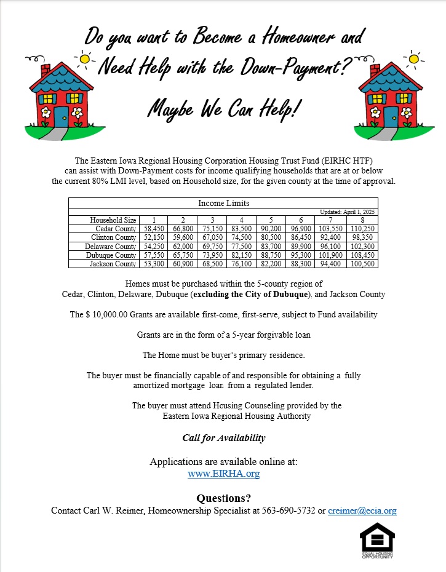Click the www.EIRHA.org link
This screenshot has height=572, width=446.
pyautogui.click(x=223, y=474)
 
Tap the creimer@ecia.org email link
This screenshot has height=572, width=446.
pyautogui.click(x=362, y=510)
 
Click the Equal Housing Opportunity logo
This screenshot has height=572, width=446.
pyautogui.click(x=377, y=541)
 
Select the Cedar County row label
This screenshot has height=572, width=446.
pyautogui.click(x=113, y=228)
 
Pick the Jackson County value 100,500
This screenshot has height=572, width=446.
pyautogui.click(x=362, y=264)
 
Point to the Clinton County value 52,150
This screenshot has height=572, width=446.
pyautogui.click(x=154, y=237)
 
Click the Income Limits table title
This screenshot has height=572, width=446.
pyautogui.click(x=223, y=203)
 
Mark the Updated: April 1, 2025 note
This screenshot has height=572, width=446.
pyautogui.click(x=348, y=212)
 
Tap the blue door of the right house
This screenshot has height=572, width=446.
pyautogui.click(x=391, y=116)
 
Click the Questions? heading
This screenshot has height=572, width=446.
pyautogui.click(x=223, y=498)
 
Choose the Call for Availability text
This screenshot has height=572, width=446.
pyautogui.click(x=223, y=438)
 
